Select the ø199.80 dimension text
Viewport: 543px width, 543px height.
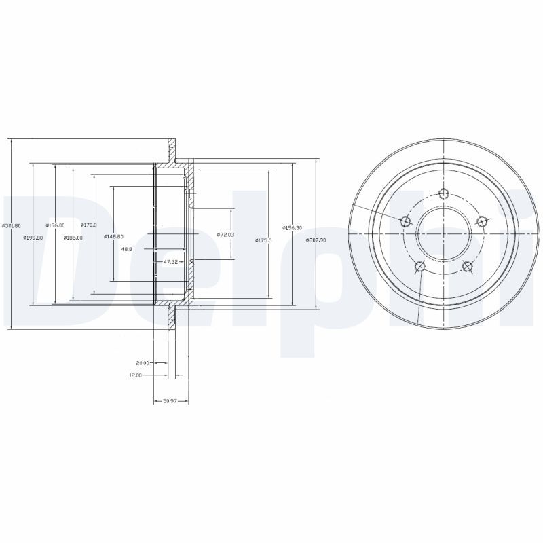[33, 237]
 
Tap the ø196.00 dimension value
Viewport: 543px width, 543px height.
[55, 225]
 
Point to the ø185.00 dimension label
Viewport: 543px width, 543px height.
[73, 237]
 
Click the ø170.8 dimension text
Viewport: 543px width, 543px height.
[88, 225]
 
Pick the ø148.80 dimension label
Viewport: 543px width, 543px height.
[113, 236]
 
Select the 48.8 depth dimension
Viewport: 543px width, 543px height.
[126, 249]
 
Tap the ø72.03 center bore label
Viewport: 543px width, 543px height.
[225, 234]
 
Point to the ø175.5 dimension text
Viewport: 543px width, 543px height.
[263, 240]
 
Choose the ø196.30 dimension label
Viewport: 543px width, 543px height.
[293, 227]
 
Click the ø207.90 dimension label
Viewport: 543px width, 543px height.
[316, 240]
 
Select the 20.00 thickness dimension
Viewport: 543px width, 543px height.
[143, 363]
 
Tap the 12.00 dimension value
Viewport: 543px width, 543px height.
[135, 375]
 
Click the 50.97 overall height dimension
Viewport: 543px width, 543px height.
[170, 401]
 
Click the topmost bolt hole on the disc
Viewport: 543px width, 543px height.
[443, 194]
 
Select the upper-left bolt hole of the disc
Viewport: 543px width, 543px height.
[406, 221]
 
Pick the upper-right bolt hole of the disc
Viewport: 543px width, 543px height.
[481, 221]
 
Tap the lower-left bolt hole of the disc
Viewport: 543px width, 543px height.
[420, 265]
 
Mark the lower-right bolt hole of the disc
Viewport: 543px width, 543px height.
[467, 265]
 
